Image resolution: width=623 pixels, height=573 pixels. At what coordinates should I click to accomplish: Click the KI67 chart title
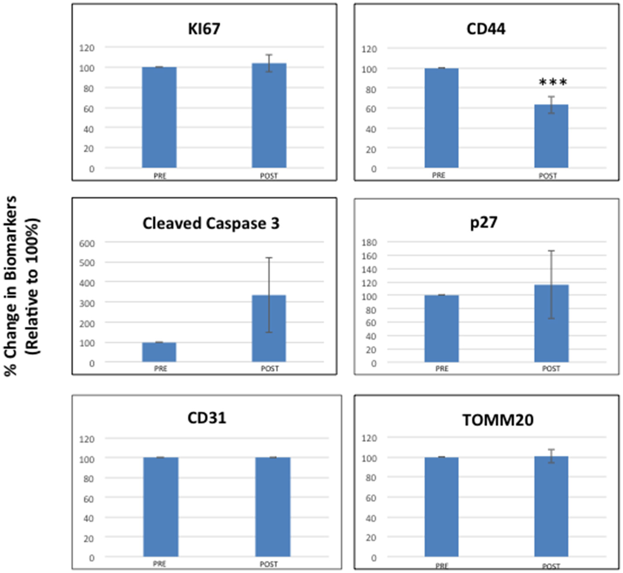(x=204, y=29)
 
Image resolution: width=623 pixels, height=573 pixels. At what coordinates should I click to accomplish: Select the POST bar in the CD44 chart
(x=551, y=136)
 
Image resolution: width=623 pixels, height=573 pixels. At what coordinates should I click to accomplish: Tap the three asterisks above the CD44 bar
(x=553, y=82)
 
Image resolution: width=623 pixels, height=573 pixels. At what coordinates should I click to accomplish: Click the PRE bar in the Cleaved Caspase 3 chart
(x=159, y=352)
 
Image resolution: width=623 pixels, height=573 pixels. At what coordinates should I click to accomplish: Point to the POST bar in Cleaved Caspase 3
(x=269, y=329)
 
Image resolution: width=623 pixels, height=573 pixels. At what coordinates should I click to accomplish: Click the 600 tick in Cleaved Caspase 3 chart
(x=87, y=243)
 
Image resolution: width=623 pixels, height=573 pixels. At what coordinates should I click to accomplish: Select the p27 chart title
(x=483, y=223)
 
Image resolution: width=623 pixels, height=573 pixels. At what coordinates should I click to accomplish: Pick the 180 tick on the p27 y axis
(x=369, y=242)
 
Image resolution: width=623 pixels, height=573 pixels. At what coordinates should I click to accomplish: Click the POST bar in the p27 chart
(x=551, y=323)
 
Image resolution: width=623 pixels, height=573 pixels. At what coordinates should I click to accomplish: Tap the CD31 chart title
(x=207, y=418)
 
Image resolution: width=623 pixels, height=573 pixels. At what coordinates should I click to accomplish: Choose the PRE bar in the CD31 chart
(x=160, y=507)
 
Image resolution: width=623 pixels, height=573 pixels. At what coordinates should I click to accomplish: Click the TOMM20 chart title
(x=497, y=420)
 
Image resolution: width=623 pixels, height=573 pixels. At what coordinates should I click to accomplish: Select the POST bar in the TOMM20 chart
(x=551, y=506)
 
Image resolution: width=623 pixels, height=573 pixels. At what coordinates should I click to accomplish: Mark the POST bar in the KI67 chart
(x=269, y=115)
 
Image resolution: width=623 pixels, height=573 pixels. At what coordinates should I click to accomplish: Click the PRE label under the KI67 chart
(x=160, y=176)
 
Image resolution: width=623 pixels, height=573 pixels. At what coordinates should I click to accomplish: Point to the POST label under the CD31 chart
(x=269, y=564)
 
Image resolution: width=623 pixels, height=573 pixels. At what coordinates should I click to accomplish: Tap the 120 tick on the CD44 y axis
(x=369, y=49)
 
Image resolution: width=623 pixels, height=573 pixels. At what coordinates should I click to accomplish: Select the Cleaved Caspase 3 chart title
(x=211, y=224)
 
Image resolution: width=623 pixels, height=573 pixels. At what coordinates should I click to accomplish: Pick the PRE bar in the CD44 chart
(x=441, y=118)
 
